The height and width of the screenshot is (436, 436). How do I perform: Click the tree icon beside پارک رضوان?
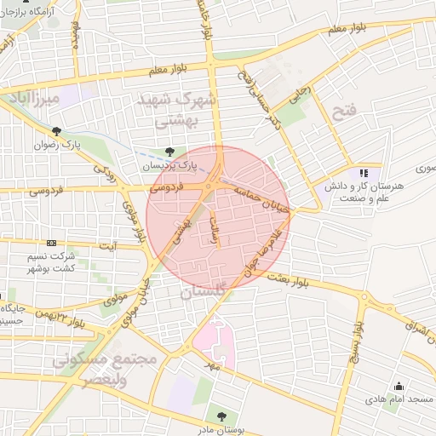(x=57, y=131)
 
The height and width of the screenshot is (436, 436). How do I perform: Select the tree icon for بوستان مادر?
(x=221, y=416)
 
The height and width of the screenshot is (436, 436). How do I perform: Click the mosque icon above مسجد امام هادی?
(x=398, y=386)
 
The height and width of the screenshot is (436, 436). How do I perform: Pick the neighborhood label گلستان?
(x=204, y=293)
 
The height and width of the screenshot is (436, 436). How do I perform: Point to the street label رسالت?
(x=215, y=230)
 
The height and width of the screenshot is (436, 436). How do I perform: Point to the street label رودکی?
(x=103, y=173)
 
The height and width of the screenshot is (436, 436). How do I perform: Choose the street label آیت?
(x=108, y=246)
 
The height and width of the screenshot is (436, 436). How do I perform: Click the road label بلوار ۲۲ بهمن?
(x=64, y=318)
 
